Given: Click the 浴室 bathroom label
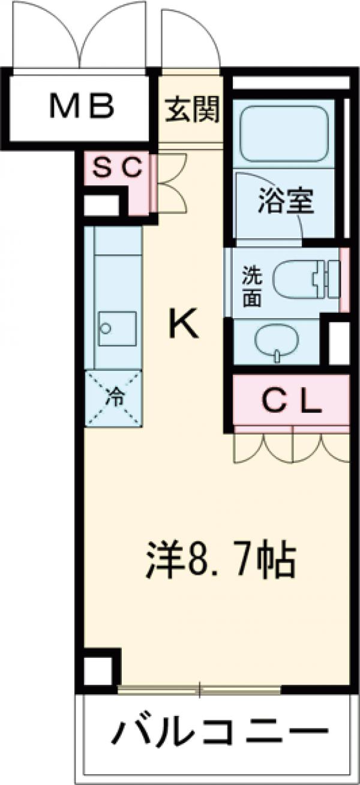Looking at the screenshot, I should coord(286,203).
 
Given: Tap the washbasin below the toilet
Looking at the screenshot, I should coord(277,341).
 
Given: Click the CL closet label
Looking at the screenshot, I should coord(292,402).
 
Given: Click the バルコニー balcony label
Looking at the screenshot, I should coord(220,733).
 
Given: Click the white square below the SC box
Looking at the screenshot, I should coord(100,205).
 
